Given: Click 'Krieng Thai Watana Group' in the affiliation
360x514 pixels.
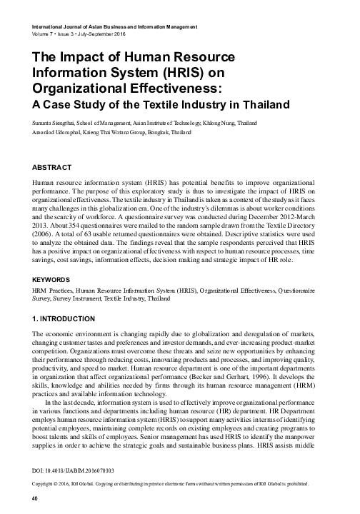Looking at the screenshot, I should tap(126, 133).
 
